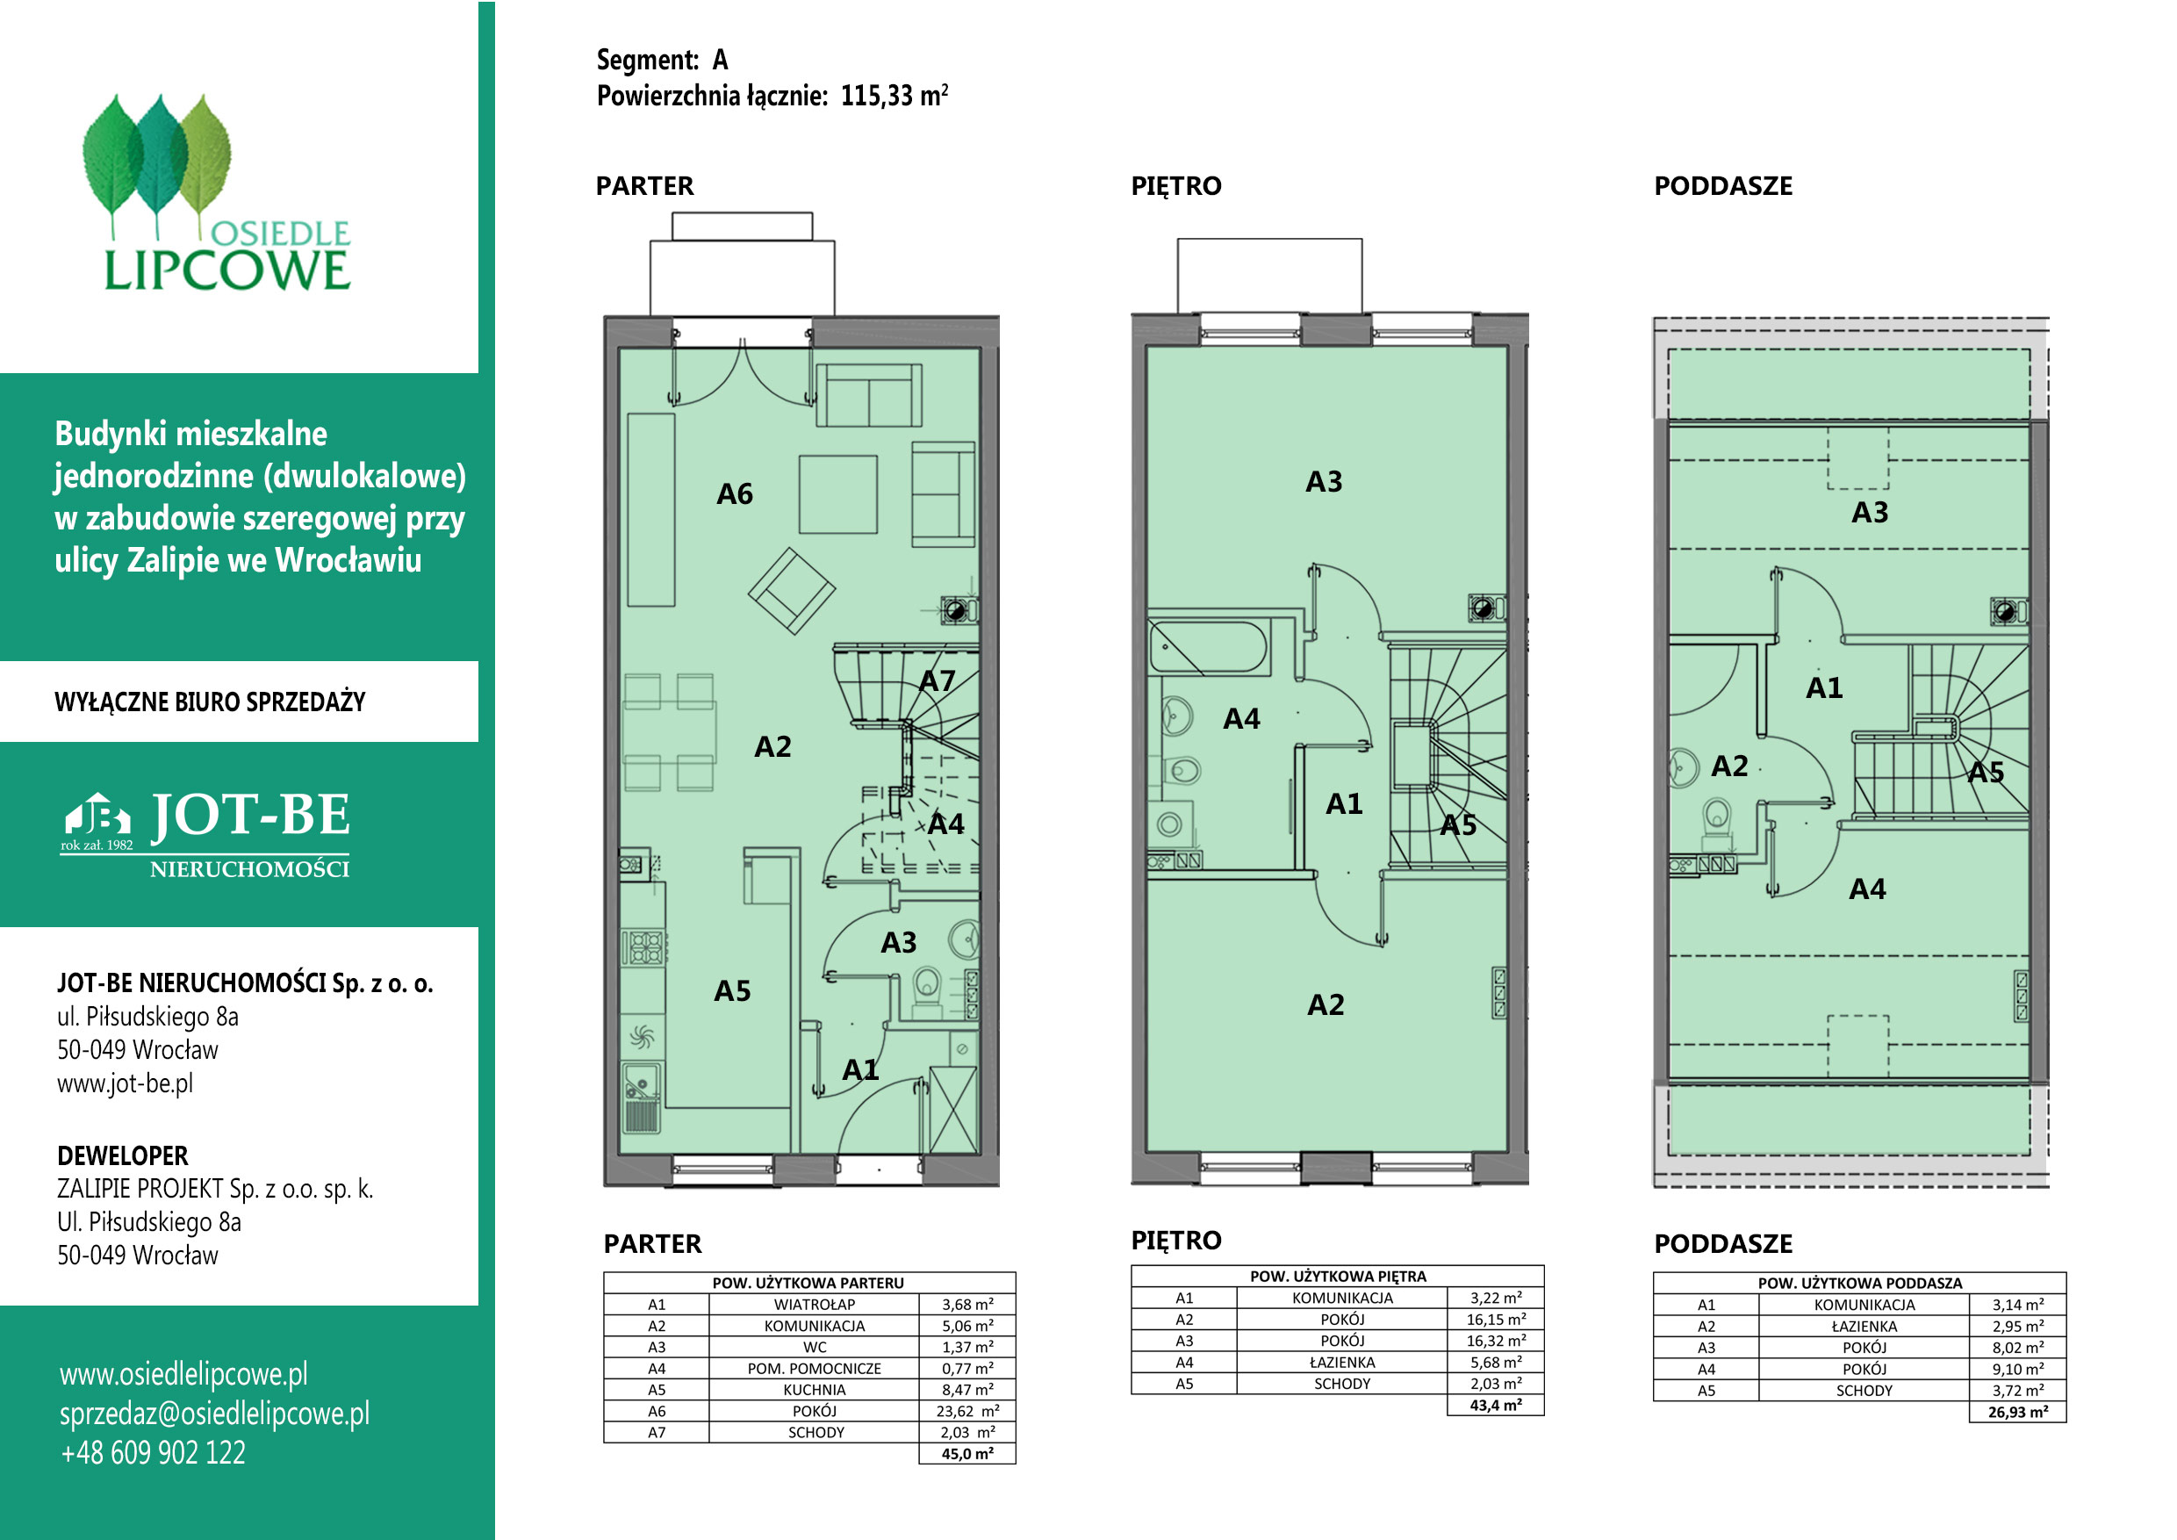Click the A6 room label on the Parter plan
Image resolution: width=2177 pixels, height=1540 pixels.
(734, 494)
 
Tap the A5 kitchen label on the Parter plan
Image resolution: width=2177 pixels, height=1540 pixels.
(732, 991)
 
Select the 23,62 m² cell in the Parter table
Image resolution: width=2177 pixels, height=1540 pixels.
(967, 1411)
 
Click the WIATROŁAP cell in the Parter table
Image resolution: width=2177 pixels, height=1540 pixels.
(815, 1305)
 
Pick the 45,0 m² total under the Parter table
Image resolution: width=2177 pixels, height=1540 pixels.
(967, 1454)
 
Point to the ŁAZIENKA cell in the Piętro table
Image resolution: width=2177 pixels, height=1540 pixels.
(1341, 1363)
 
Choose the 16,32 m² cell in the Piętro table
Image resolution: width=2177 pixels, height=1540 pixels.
(1496, 1341)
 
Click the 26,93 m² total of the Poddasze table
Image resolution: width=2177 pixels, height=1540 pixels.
(2018, 1412)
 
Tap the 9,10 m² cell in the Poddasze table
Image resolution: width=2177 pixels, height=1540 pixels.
(2018, 1370)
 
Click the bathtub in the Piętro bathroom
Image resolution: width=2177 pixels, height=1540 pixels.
(1207, 647)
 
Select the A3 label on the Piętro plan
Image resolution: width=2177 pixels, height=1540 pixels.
(1324, 482)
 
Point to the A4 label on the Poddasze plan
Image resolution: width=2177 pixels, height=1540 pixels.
(1867, 889)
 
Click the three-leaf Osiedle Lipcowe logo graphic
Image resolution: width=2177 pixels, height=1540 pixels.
(156, 166)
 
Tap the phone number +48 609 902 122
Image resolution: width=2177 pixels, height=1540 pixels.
(153, 1453)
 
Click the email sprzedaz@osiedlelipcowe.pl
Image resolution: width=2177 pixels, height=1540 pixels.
(214, 1413)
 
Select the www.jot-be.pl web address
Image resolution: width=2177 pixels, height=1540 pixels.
(126, 1083)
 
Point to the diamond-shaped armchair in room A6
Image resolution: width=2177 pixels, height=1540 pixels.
(792, 591)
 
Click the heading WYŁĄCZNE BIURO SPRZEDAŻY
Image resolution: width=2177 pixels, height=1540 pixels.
(210, 702)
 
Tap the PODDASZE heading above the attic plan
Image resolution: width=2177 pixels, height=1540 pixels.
(1723, 186)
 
